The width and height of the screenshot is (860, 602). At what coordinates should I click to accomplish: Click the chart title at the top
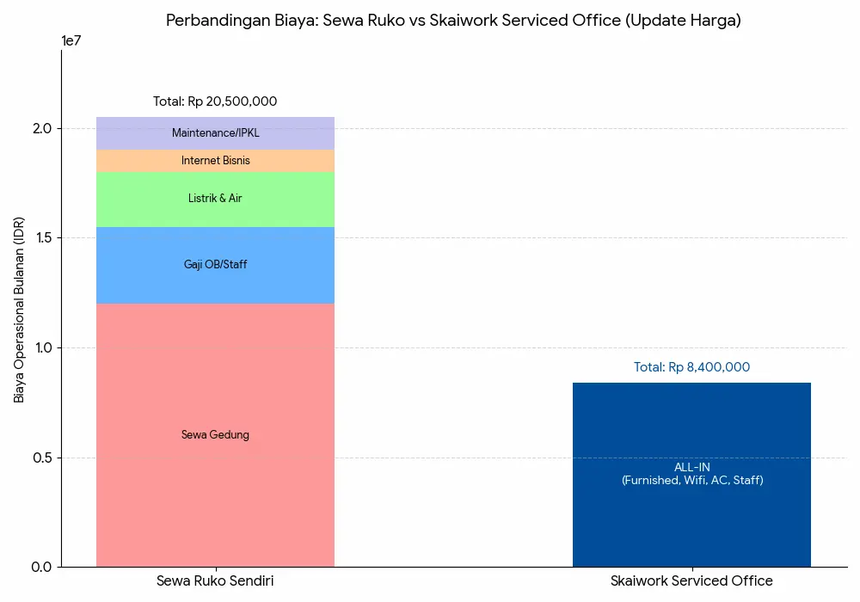(x=453, y=21)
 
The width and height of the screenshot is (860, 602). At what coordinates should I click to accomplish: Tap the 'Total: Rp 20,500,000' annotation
(x=215, y=101)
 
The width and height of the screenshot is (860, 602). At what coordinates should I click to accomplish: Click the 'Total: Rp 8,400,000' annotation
(x=691, y=367)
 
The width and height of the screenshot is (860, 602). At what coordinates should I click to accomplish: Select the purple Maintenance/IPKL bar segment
(x=215, y=133)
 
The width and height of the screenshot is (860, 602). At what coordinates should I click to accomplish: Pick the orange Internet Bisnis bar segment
(x=215, y=161)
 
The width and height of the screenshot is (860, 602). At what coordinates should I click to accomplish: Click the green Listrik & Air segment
(x=215, y=200)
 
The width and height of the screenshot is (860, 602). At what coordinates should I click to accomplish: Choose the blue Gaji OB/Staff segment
(x=215, y=265)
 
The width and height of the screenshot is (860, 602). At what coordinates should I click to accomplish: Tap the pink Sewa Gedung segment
(x=215, y=435)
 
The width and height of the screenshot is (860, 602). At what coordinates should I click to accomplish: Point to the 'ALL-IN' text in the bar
(x=691, y=467)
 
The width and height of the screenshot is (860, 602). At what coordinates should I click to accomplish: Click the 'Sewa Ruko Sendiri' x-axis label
(x=215, y=581)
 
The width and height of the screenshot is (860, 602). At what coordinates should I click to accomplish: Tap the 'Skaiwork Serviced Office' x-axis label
(x=691, y=581)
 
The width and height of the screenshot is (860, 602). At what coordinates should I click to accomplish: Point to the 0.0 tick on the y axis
(x=43, y=567)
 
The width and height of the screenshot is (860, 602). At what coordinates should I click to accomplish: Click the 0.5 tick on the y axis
(x=43, y=458)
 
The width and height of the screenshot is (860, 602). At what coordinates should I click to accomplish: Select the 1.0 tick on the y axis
(x=43, y=347)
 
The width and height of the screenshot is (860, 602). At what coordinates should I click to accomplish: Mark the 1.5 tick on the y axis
(x=43, y=238)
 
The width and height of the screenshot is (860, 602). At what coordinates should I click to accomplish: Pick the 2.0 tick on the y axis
(x=43, y=129)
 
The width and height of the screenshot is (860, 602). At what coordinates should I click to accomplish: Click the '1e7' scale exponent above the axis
(x=72, y=40)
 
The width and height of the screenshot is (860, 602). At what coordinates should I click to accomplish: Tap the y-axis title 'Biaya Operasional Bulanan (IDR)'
(x=19, y=310)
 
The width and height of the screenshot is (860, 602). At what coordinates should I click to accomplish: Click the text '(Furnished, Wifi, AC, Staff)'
(x=691, y=481)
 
